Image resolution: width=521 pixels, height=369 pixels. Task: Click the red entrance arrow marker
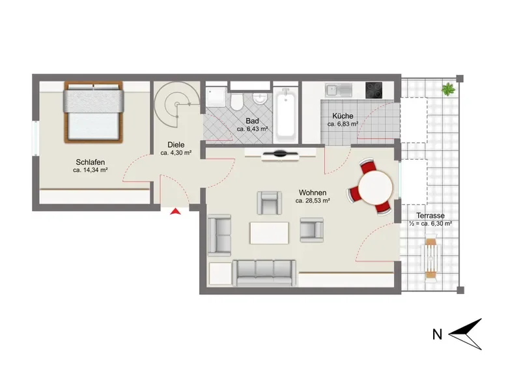(x=175, y=211)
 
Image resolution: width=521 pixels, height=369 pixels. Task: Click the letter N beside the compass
(x=437, y=334)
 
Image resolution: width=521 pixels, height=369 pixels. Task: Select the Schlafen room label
(x=91, y=162)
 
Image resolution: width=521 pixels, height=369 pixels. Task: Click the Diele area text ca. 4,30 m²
(x=176, y=153)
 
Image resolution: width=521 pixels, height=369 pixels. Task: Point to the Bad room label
(x=252, y=121)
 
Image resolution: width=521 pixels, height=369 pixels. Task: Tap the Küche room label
(x=343, y=116)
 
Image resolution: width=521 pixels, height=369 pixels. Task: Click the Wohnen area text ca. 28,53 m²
(x=313, y=201)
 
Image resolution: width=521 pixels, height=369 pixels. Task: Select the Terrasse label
(x=430, y=215)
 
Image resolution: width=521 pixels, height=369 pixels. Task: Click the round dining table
(x=376, y=187)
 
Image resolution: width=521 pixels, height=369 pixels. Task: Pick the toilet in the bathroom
(x=236, y=102)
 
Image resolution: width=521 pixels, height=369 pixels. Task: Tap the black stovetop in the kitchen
(x=374, y=90)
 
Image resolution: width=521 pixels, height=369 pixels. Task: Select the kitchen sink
(x=338, y=90)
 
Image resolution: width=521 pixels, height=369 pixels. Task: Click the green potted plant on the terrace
(x=448, y=89)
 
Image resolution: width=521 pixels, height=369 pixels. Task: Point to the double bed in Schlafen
(x=93, y=112)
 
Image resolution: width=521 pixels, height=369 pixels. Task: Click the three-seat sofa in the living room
(x=264, y=273)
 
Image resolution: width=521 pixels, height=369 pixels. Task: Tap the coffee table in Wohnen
(x=269, y=233)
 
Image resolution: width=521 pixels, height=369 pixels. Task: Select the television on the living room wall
(x=280, y=154)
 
